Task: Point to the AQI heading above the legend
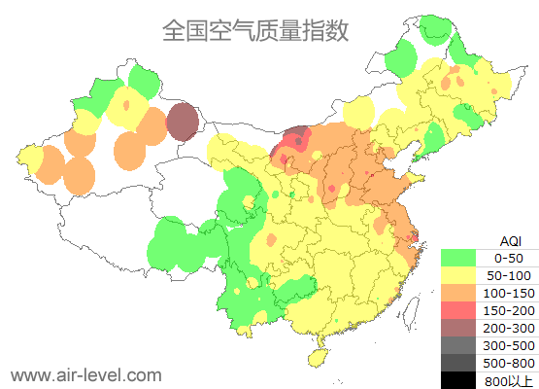[x=509, y=240]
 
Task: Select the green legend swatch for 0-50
[x=458, y=258]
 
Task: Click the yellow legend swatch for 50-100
[x=458, y=275]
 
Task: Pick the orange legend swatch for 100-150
[x=458, y=293]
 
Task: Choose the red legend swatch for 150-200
[x=458, y=310]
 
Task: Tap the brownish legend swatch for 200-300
[x=458, y=328]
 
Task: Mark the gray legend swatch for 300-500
[x=458, y=345]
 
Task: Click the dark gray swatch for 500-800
[x=458, y=363]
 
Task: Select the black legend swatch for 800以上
[x=458, y=379]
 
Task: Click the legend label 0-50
[x=508, y=258]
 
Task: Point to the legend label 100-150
[x=508, y=293]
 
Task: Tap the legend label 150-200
[x=508, y=310]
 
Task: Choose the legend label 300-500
[x=508, y=345]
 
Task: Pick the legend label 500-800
[x=508, y=363]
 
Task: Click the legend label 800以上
[x=508, y=379]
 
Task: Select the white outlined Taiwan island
[x=414, y=310]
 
